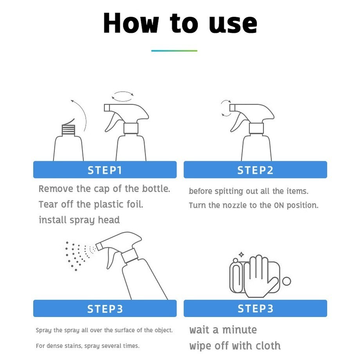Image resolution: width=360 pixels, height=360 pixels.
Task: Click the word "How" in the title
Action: (x=131, y=23)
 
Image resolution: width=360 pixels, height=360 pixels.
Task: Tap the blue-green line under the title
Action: (x=174, y=51)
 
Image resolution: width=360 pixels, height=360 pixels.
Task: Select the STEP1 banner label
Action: (x=105, y=170)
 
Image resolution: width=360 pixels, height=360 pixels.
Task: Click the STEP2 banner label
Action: (x=255, y=170)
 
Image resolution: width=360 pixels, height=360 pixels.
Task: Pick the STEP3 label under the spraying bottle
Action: (x=105, y=309)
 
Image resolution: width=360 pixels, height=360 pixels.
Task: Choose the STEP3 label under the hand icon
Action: (x=255, y=308)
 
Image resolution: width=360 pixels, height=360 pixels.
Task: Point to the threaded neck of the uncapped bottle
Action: (x=68, y=130)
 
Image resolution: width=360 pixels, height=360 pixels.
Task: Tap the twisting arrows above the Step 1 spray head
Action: (x=122, y=96)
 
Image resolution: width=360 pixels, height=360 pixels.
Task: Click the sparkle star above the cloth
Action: (x=241, y=254)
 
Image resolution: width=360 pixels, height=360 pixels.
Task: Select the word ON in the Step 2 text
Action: (x=279, y=205)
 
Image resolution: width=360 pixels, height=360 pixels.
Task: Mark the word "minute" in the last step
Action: (x=239, y=330)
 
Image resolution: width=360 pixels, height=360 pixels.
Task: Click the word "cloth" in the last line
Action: (x=268, y=346)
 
